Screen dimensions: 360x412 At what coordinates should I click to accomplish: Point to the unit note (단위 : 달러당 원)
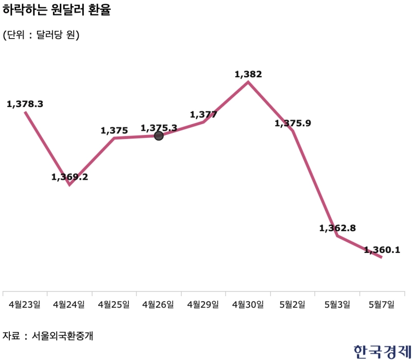(x=41, y=35)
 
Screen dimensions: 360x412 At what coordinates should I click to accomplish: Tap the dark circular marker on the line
(x=159, y=135)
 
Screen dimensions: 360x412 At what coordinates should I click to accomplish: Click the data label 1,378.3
(x=25, y=104)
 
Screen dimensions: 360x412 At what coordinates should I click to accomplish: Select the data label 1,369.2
(x=70, y=177)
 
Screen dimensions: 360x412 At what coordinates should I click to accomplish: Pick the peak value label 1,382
(x=248, y=74)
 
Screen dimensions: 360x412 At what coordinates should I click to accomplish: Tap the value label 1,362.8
(x=337, y=228)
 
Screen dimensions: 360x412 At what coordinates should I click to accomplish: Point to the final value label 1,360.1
(x=382, y=250)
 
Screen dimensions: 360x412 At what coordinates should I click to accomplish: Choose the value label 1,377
(x=203, y=114)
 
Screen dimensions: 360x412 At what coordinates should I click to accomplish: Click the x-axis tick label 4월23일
(x=25, y=304)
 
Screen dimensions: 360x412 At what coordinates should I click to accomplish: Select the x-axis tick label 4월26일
(x=159, y=304)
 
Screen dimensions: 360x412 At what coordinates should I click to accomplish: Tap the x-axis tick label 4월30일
(x=248, y=304)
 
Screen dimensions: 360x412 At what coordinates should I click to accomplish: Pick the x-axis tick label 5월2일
(x=293, y=304)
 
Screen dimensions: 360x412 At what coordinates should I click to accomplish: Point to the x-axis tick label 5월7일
(x=382, y=304)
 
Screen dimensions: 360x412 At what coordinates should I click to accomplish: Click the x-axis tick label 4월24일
(x=69, y=304)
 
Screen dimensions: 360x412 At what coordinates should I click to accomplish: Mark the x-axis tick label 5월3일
(x=337, y=304)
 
